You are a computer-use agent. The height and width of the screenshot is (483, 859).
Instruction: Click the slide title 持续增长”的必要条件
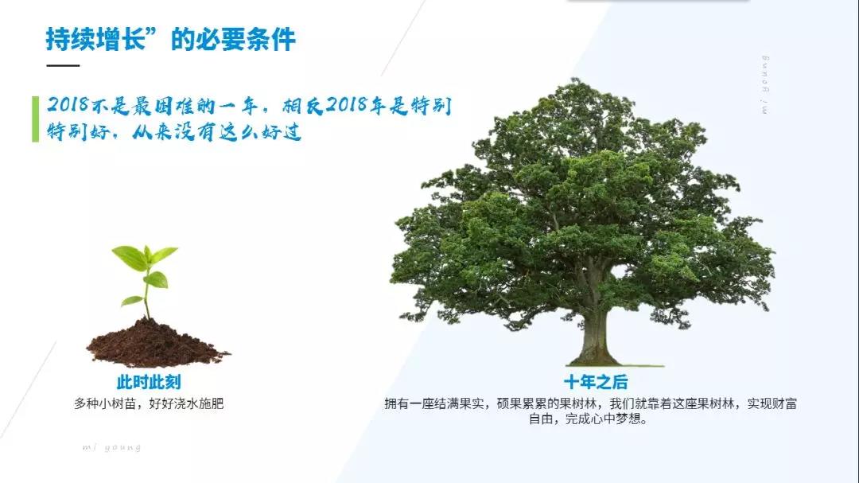pyautogui.click(x=170, y=39)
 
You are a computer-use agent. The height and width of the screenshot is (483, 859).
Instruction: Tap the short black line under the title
pyautogui.click(x=63, y=65)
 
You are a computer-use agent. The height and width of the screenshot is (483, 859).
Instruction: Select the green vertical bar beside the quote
pyautogui.click(x=36, y=119)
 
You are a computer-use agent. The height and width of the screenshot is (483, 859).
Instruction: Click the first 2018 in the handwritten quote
pyautogui.click(x=68, y=104)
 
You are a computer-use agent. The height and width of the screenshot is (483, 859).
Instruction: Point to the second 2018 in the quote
pyautogui.click(x=347, y=104)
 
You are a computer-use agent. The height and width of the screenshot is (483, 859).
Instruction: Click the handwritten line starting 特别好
pyautogui.click(x=174, y=132)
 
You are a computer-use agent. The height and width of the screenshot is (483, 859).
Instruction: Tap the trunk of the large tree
pyautogui.click(x=594, y=329)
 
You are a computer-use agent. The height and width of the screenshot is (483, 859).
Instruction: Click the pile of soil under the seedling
pyautogui.click(x=157, y=345)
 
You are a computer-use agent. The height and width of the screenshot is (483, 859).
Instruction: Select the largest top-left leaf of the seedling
pyautogui.click(x=130, y=258)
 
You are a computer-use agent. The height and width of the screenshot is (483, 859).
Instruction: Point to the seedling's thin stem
pyautogui.click(x=147, y=296)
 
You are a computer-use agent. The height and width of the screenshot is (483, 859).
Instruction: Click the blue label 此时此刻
pyautogui.click(x=149, y=382)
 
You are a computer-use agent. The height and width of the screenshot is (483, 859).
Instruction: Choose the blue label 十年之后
pyautogui.click(x=596, y=382)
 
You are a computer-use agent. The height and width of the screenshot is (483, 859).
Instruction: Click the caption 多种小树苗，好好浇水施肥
pyautogui.click(x=149, y=404)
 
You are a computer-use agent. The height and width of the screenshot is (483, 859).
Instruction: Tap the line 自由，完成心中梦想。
pyautogui.click(x=589, y=419)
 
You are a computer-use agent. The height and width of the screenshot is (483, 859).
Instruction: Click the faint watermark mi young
pyautogui.click(x=112, y=447)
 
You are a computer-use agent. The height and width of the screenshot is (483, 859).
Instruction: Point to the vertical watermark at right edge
pyautogui.click(x=765, y=84)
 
